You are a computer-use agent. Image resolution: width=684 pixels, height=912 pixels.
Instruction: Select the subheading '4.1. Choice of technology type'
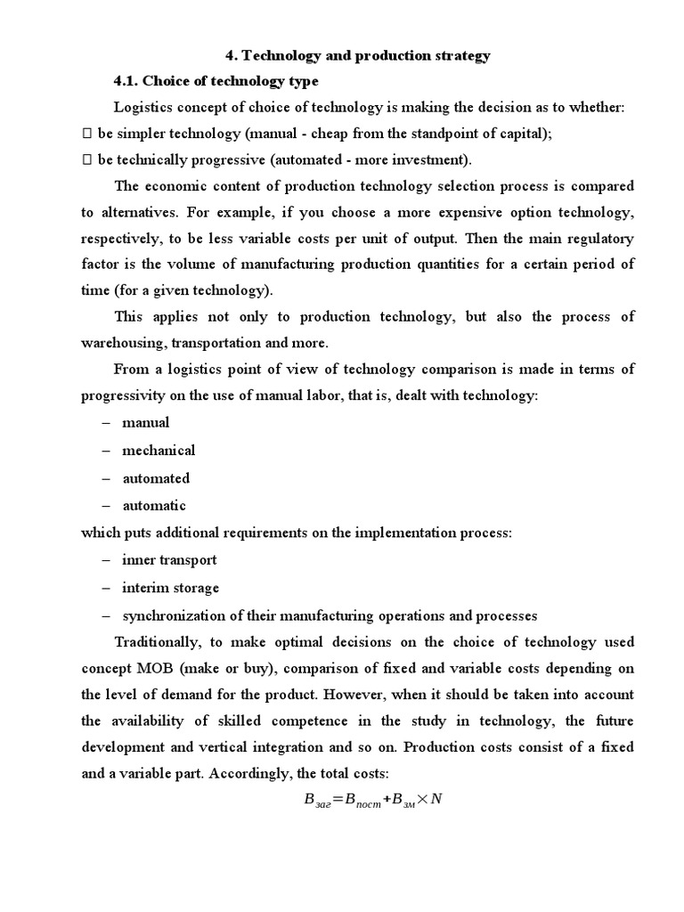coord(216,82)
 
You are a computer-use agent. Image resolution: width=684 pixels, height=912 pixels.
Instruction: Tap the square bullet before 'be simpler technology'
coord(87,134)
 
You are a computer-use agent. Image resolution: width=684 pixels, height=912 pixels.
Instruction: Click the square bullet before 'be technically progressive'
coord(87,159)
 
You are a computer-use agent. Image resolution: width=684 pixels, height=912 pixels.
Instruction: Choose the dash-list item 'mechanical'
coord(159,451)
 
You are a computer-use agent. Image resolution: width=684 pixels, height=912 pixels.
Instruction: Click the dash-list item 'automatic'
coord(154,506)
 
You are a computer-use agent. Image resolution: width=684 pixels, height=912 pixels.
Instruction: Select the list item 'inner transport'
coord(169,561)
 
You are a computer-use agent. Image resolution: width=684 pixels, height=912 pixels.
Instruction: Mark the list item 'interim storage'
coord(170,588)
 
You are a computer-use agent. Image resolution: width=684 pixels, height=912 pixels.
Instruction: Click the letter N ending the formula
coord(436,801)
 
